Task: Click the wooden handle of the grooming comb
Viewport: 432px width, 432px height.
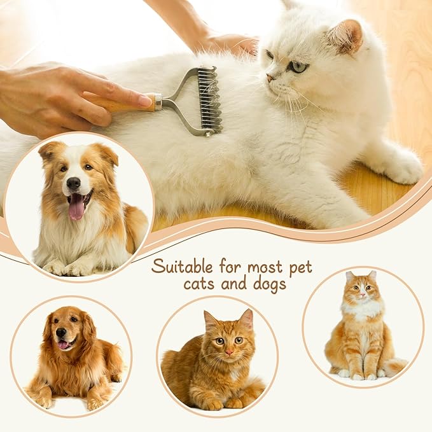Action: (x=124, y=104)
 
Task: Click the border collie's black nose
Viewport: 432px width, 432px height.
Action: (x=74, y=185)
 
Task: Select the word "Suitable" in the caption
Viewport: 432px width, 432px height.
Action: (x=182, y=265)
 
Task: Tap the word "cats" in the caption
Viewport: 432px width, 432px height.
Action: (x=199, y=284)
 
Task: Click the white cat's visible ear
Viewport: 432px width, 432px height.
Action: (x=346, y=36)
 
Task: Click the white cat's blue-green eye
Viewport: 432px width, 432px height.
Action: (x=296, y=66)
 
